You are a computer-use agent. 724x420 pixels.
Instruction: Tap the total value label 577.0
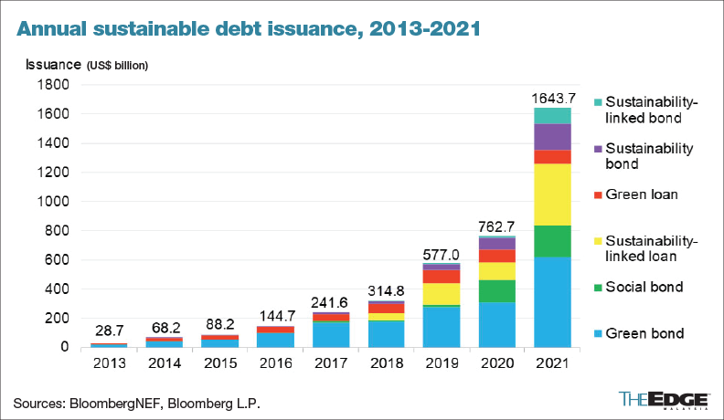click(x=441, y=252)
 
